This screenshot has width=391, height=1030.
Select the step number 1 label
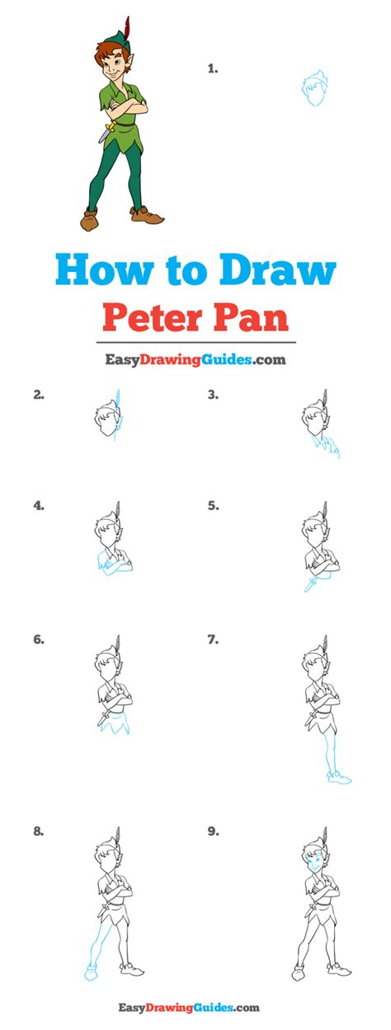212,69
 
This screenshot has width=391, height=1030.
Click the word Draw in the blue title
278,270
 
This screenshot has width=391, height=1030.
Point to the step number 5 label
213,506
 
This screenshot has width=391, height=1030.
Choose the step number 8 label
39,831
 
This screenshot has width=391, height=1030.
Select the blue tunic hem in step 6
114,724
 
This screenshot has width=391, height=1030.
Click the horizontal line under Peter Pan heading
195,343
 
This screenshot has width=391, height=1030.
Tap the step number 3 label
213,395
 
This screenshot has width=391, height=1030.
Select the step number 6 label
39,639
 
